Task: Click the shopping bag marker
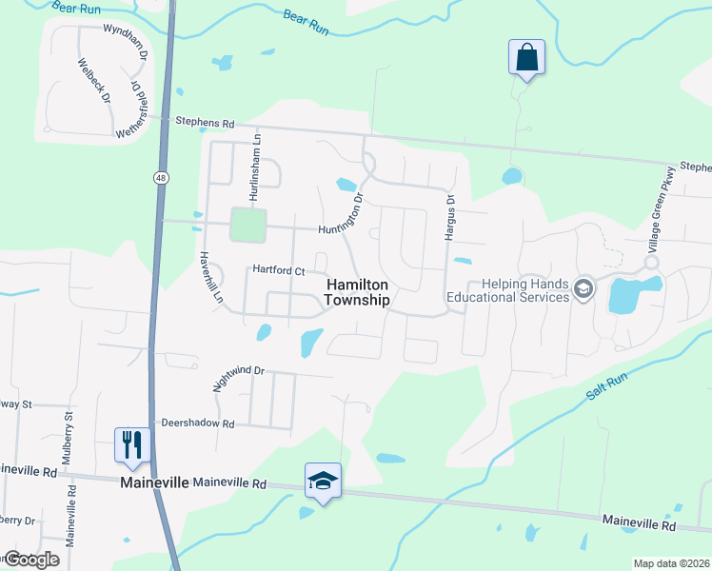(526, 57)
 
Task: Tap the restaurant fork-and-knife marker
(131, 444)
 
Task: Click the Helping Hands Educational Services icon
(583, 289)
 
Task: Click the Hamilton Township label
(358, 292)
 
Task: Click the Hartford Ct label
(277, 271)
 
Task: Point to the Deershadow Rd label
(197, 423)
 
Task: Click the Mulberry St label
(68, 438)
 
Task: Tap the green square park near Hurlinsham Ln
(248, 226)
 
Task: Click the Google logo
(30, 560)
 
